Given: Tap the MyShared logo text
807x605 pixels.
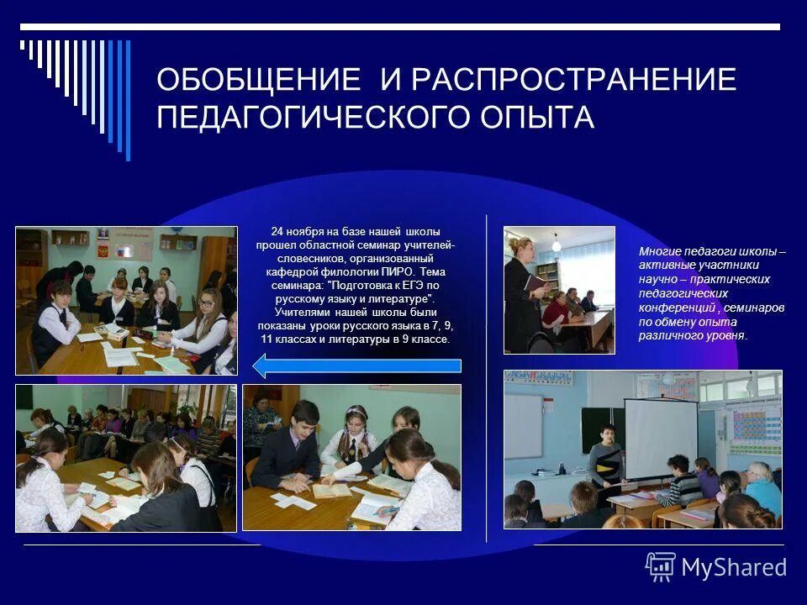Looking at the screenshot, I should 734,567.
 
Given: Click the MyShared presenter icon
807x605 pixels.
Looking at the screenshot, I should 661,567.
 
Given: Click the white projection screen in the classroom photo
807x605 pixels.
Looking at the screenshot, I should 661,437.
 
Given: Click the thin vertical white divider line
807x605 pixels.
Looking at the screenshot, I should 487,378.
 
